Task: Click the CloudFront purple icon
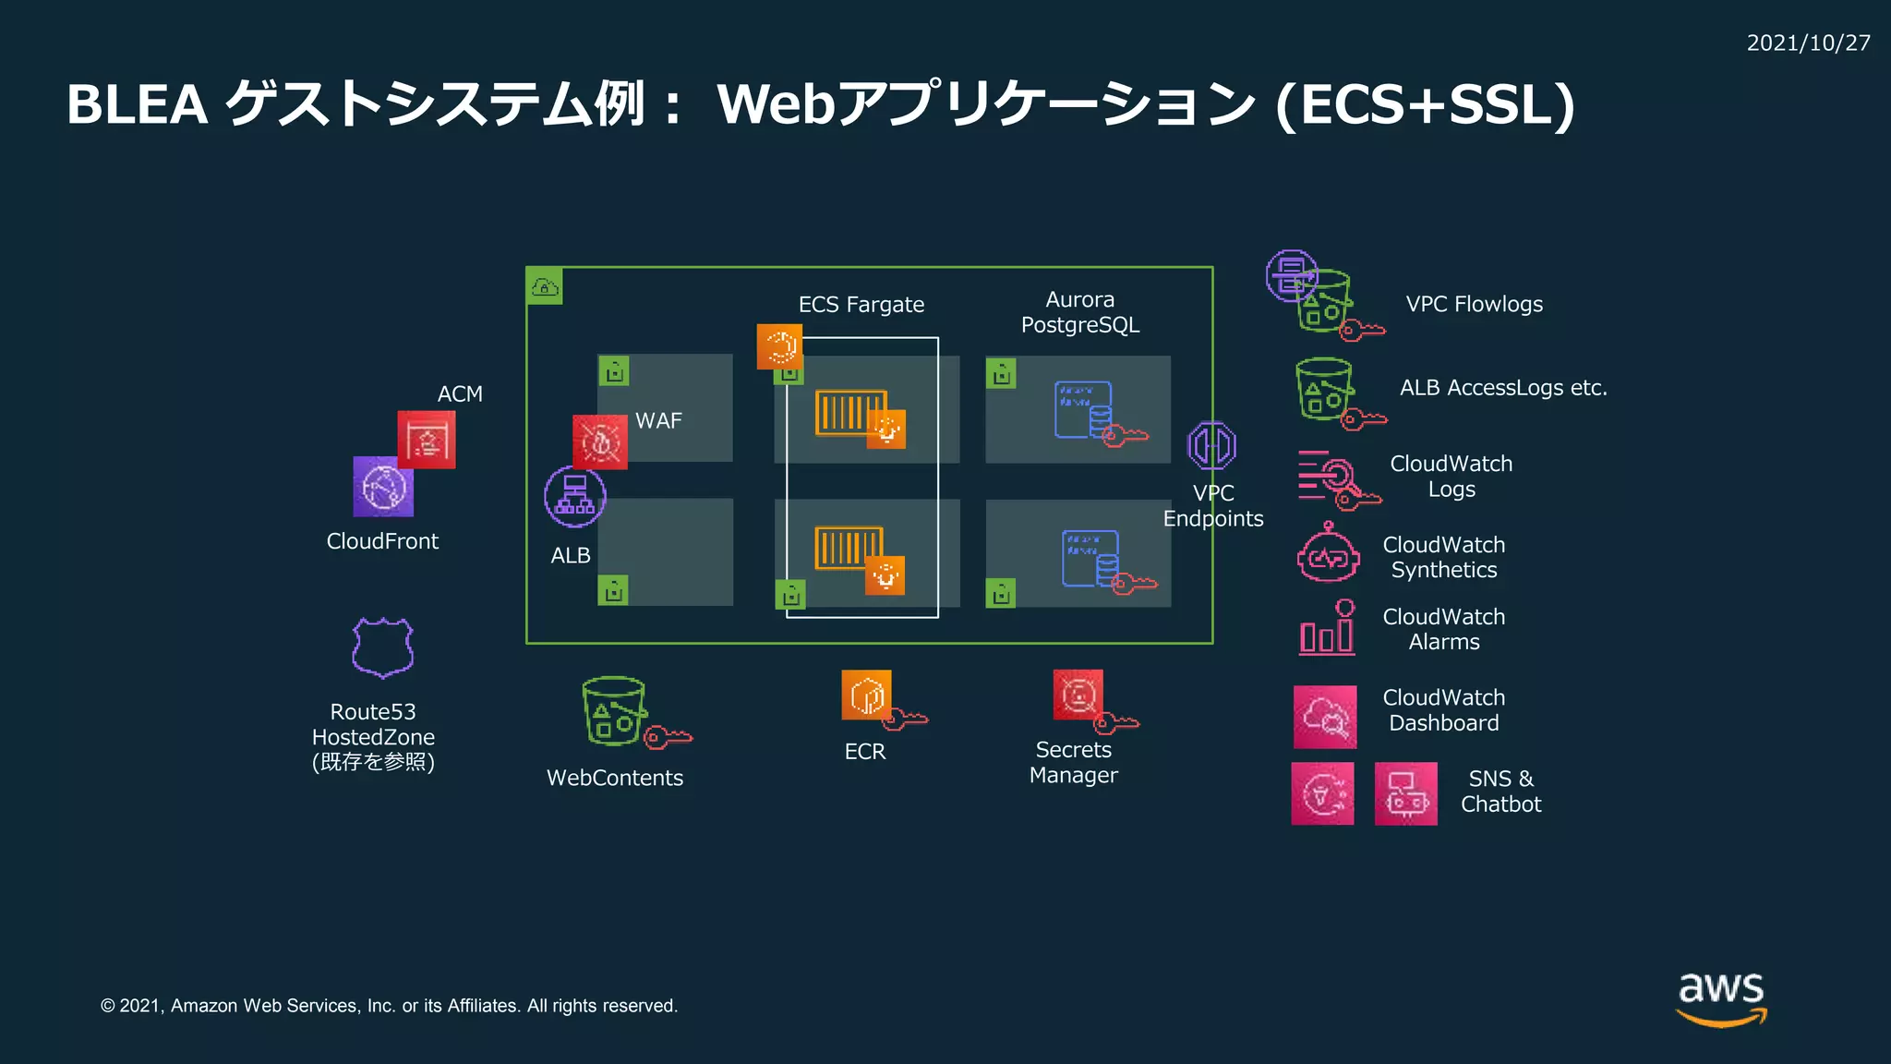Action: point(382,487)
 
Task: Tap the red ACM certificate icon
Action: point(427,440)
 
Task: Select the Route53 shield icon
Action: point(382,647)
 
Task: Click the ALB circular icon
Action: point(574,497)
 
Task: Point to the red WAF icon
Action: point(600,442)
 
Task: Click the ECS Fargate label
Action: point(861,305)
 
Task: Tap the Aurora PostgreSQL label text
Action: point(1079,312)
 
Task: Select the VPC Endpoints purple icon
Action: point(1211,446)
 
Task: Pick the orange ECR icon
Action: point(866,695)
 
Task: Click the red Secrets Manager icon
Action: point(1078,695)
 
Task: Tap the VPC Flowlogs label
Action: point(1474,304)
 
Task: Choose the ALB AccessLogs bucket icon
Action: point(1325,389)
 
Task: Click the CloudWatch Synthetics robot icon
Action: point(1328,554)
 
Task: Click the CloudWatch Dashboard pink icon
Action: point(1325,717)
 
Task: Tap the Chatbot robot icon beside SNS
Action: point(1405,793)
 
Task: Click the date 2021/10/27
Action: point(1808,43)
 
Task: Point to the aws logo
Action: point(1721,997)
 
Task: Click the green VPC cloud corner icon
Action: point(545,286)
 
